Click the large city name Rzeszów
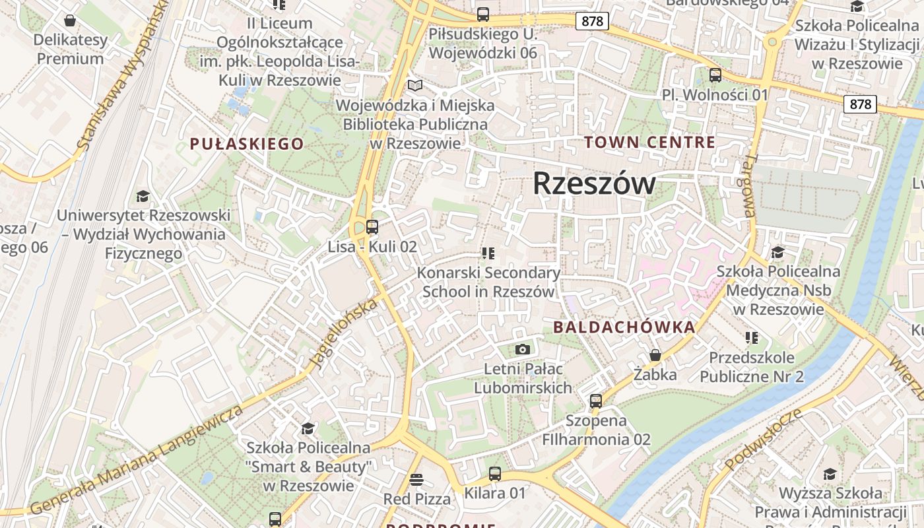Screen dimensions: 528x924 (594, 183)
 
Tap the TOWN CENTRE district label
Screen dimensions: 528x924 (649, 142)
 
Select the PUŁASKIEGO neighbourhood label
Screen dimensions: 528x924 (247, 144)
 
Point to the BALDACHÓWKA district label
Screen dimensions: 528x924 (624, 327)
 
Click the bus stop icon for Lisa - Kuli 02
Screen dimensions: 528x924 (372, 227)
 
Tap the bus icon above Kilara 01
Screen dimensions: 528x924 (495, 473)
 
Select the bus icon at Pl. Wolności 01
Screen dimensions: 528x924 (715, 75)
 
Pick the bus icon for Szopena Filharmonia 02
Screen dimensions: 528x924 (596, 401)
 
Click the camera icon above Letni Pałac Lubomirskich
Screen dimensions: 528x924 (523, 349)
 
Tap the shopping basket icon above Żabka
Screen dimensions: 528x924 (655, 355)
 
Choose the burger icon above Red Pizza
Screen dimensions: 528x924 (416, 479)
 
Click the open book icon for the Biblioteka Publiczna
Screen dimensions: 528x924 (414, 85)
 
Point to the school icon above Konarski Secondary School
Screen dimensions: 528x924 (488, 253)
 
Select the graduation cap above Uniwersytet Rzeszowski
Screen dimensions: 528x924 (143, 196)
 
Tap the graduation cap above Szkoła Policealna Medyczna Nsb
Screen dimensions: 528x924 (777, 252)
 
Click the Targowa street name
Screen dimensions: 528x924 (749, 186)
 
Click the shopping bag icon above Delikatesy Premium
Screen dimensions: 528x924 (70, 20)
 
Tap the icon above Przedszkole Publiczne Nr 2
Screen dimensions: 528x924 (751, 338)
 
